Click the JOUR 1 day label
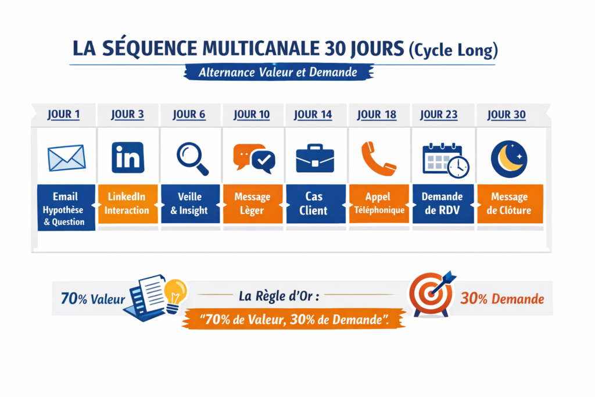[x=64, y=114]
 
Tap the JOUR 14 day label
[x=313, y=114]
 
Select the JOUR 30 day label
[x=507, y=114]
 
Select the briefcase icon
[x=315, y=158]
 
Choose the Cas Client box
[x=314, y=203]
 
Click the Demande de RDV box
[x=443, y=203]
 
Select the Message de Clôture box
[x=510, y=203]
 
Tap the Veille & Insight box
[x=189, y=203]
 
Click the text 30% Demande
[x=502, y=299]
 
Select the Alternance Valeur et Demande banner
[x=278, y=73]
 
